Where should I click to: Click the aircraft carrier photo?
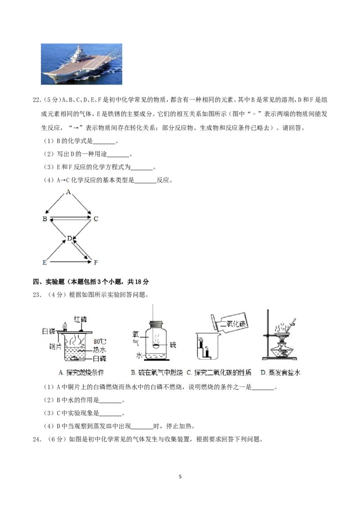click(x=81, y=64)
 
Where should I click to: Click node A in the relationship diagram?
click(x=68, y=192)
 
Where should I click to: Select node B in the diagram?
click(x=45, y=219)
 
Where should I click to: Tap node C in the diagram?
click(x=95, y=219)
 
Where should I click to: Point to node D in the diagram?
click(x=69, y=239)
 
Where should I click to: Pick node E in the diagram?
click(x=45, y=262)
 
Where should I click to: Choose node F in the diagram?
click(x=95, y=262)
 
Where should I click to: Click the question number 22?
click(x=37, y=100)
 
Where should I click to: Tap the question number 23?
click(x=37, y=295)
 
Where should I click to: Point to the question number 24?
click(x=37, y=439)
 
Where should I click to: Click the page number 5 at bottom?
click(x=180, y=477)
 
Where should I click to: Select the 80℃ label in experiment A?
click(x=100, y=341)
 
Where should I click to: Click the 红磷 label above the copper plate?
click(x=81, y=319)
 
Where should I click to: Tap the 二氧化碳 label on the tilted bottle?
click(x=233, y=323)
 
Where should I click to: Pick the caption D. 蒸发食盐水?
click(x=280, y=373)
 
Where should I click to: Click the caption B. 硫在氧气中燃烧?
click(x=157, y=373)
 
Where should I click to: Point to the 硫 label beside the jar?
click(x=173, y=345)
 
